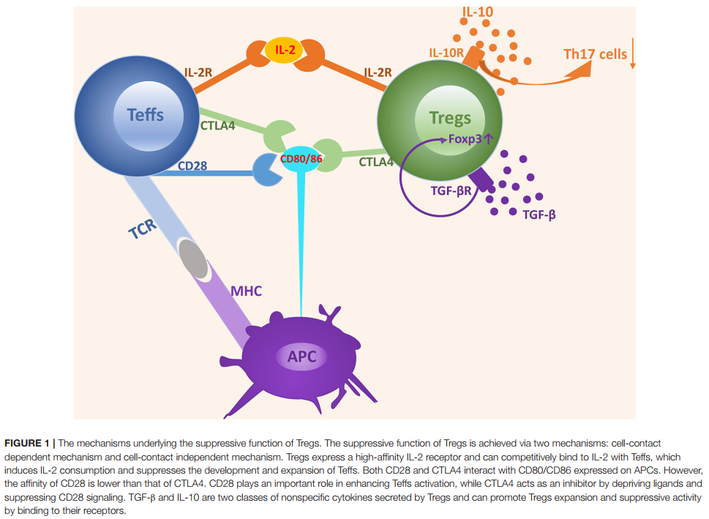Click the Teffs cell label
coord(145,114)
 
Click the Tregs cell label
coord(450,119)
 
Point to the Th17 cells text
coord(595,54)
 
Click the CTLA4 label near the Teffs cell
coord(218,125)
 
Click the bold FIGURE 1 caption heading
coord(28,444)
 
